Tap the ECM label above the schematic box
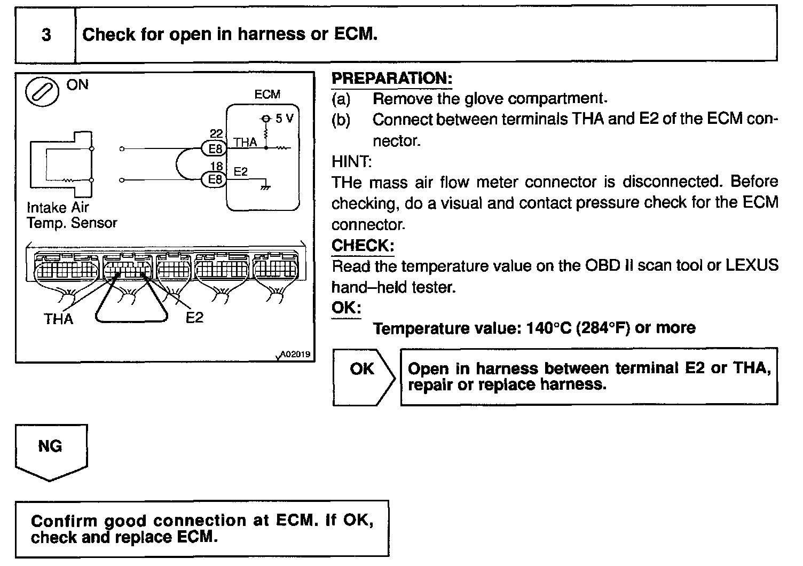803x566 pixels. tap(267, 95)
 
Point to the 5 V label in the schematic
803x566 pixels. tap(284, 119)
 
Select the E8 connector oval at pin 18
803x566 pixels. tap(215, 179)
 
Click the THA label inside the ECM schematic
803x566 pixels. tap(245, 143)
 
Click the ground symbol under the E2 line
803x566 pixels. tap(264, 187)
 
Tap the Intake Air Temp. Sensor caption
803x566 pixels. tap(72, 215)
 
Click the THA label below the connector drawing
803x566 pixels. tap(58, 319)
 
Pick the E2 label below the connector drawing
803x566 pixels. tap(194, 318)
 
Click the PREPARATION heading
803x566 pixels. tap(392, 78)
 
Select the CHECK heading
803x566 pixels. tap(363, 246)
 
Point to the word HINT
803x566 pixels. tap(351, 161)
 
